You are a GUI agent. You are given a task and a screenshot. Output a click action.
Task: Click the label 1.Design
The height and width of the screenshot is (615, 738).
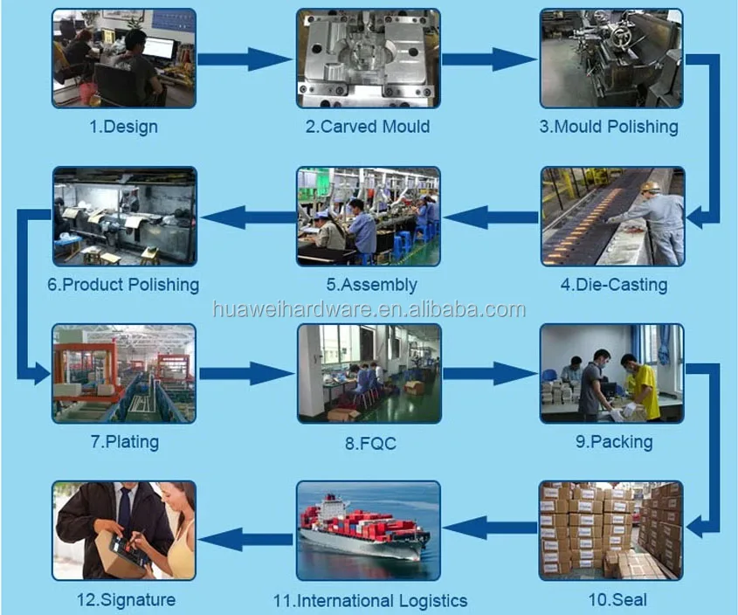pyautogui.click(x=123, y=127)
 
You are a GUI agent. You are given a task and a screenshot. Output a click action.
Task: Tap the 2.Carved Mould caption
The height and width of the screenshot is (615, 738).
pyautogui.click(x=367, y=127)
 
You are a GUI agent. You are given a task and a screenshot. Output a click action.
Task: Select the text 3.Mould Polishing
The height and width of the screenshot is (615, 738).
pyautogui.click(x=608, y=127)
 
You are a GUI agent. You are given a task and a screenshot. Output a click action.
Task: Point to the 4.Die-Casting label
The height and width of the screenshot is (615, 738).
pyautogui.click(x=613, y=285)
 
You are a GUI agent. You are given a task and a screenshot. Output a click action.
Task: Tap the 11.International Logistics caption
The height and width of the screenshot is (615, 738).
pyautogui.click(x=369, y=601)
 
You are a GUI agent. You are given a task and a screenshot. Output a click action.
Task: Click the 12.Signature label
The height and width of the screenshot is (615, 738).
pyautogui.click(x=126, y=600)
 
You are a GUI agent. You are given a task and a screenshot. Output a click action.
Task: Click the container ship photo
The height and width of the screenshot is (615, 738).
pyautogui.click(x=368, y=530)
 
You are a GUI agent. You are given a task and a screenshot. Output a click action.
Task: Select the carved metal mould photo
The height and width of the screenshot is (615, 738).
pyautogui.click(x=368, y=59)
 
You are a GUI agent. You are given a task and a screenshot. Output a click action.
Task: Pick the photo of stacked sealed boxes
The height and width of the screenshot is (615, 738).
pyautogui.click(x=610, y=530)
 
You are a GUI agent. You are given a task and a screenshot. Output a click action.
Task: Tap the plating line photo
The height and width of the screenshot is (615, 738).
pyautogui.click(x=123, y=374)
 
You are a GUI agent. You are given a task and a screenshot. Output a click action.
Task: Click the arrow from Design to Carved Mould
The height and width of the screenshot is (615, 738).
pyautogui.click(x=245, y=59)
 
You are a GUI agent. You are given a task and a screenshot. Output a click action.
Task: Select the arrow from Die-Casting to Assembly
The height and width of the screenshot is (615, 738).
pyautogui.click(x=490, y=216)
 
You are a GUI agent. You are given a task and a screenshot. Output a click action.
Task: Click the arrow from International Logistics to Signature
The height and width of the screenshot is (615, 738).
pyautogui.click(x=246, y=532)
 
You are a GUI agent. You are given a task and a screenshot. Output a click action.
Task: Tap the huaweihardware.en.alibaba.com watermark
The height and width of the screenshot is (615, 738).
pyautogui.click(x=369, y=309)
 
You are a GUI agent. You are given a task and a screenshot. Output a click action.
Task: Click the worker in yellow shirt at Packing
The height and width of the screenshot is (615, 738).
pyautogui.click(x=643, y=385)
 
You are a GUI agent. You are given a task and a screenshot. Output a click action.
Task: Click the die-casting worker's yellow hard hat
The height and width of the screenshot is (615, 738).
pyautogui.click(x=651, y=187)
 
